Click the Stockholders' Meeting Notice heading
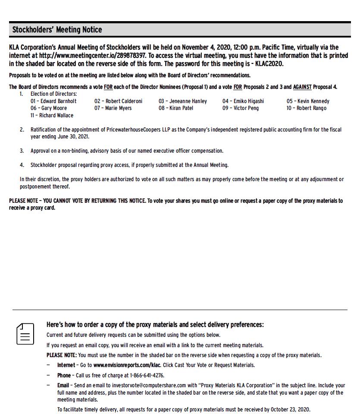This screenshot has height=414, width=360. pos(57,30)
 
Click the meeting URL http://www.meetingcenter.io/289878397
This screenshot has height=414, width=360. pos(93,56)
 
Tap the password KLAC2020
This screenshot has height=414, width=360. pos(269,64)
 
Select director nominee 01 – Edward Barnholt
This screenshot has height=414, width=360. pos(53,101)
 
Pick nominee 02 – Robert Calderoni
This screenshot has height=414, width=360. pos(118,101)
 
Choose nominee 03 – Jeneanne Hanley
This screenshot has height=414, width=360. pos(182,101)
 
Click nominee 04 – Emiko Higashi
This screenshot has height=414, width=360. pos(243,101)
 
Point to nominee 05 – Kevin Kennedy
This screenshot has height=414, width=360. pos(308,101)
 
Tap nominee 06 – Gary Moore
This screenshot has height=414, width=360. pos(49,108)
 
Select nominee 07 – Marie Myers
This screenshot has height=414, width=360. pos(113,108)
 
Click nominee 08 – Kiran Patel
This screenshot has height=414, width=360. pos(176,108)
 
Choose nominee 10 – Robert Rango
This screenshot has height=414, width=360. pos(306,108)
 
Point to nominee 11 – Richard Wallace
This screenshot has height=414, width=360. pos(52,116)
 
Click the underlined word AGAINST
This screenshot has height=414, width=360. pos(302,87)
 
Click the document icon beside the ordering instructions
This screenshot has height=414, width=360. pos(25,334)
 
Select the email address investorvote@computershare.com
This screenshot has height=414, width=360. pos(149,386)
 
